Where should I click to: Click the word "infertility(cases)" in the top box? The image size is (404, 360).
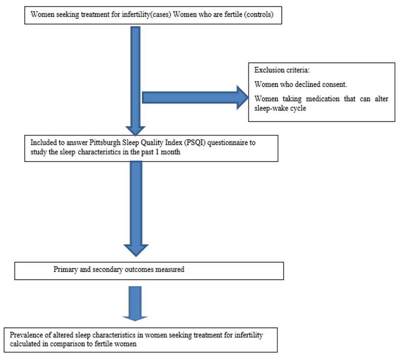pyautogui.click(x=146, y=15)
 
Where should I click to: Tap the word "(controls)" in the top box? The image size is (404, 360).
pyautogui.click(x=260, y=15)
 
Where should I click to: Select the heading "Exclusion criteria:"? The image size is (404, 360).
pyautogui.click(x=282, y=70)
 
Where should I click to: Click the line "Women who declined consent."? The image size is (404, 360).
pyautogui.click(x=301, y=84)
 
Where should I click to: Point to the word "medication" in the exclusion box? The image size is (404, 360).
pyautogui.click(x=323, y=99)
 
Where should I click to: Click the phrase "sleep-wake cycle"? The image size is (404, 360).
pyautogui.click(x=280, y=108)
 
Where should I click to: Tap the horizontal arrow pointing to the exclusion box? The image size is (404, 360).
pyautogui.click(x=195, y=98)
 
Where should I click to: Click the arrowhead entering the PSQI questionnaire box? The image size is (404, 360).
pyautogui.click(x=135, y=131)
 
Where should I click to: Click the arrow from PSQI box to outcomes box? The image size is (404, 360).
pyautogui.click(x=136, y=209)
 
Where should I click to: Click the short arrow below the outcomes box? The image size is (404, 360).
pyautogui.click(x=135, y=304)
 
